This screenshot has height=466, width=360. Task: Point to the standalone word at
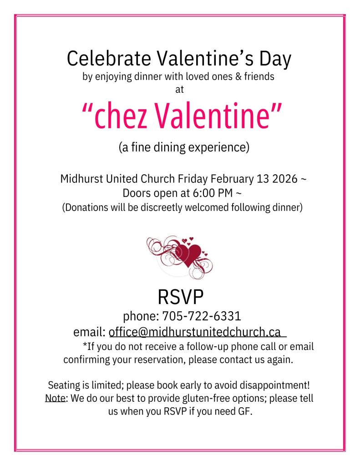click(x=179, y=90)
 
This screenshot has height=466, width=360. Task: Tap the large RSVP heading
click(x=180, y=297)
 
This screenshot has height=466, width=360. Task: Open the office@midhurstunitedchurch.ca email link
click(x=194, y=331)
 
